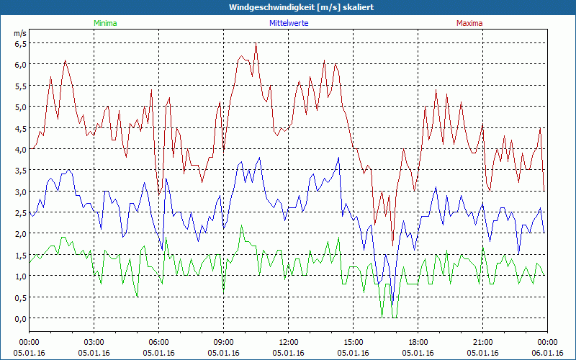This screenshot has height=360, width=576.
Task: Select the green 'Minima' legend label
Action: point(104,23)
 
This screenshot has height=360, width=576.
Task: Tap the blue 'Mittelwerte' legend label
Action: point(288,23)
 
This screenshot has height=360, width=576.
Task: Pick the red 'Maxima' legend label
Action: point(468,23)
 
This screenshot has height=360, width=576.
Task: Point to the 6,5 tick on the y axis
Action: point(20,43)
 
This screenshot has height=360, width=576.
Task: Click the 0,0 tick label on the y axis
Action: point(20,319)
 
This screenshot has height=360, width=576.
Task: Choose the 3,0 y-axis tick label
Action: point(20,192)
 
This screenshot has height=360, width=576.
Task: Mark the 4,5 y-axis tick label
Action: point(20,128)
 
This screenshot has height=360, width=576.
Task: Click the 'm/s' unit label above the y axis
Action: point(19,33)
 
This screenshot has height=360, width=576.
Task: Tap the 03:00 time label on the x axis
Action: point(94,342)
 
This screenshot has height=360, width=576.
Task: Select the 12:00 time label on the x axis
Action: point(288,342)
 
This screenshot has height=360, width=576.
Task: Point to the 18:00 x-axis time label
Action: point(418,342)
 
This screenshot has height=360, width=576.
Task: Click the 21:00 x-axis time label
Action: point(482,342)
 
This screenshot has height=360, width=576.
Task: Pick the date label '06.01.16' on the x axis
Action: point(547,353)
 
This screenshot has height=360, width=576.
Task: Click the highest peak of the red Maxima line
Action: point(256,44)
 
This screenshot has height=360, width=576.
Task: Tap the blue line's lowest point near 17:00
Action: point(392,305)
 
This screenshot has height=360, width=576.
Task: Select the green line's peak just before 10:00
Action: point(241,226)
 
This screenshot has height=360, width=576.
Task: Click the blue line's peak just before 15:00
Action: point(338,158)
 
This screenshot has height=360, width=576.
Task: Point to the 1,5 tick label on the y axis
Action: point(20,256)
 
